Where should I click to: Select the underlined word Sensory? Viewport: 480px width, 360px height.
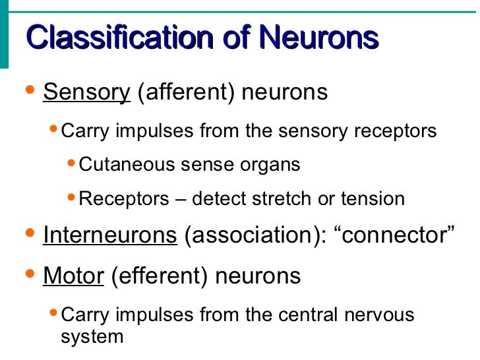pyautogui.click(x=87, y=92)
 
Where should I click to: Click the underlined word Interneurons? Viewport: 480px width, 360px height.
pyautogui.click(x=110, y=235)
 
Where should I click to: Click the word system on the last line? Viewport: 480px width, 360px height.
pyautogui.click(x=92, y=337)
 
